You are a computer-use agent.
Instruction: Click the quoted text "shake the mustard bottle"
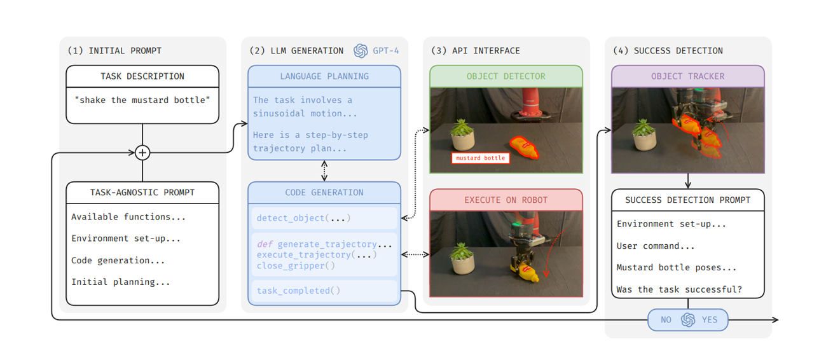[142, 100]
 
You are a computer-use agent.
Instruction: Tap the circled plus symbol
[142, 153]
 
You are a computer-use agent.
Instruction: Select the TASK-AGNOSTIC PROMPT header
[142, 192]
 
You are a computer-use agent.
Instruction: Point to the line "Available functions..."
[128, 217]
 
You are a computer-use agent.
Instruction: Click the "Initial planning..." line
[121, 282]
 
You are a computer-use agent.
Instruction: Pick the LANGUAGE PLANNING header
[324, 76]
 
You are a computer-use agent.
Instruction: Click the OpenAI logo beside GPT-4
[361, 51]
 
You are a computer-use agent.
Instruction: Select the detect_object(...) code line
[303, 218]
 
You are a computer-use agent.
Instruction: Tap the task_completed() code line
[298, 291]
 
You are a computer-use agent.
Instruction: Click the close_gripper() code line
[296, 265]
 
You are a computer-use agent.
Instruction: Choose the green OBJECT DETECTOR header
[506, 76]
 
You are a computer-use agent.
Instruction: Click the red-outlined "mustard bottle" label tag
[480, 158]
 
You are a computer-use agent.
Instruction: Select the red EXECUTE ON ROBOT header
[506, 200]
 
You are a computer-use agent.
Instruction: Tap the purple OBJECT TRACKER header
[688, 76]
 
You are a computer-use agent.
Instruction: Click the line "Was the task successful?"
[679, 289]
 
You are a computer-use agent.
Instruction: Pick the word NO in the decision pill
[666, 320]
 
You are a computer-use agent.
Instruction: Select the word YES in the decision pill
[710, 320]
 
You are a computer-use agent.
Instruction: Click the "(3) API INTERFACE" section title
[475, 51]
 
